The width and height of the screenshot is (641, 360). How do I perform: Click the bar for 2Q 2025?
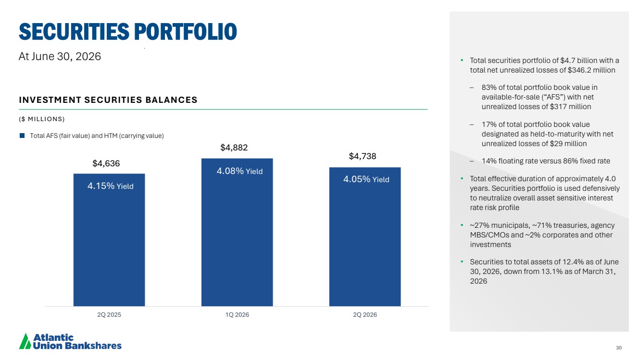point(109,240)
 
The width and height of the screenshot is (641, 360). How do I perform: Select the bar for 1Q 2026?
point(237,232)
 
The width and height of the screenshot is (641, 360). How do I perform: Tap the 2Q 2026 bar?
point(365,237)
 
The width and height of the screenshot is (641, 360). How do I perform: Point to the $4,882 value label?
point(234,148)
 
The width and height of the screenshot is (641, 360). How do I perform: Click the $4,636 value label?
point(106,163)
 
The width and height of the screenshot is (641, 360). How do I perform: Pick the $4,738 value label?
point(362,156)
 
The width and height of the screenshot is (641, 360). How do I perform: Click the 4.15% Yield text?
point(110,186)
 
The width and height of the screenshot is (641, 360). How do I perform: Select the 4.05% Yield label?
point(366,179)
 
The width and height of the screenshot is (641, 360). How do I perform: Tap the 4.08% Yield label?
point(239,171)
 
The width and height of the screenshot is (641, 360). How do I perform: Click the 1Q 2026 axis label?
point(237,314)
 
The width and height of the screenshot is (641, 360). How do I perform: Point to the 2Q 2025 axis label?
point(109,314)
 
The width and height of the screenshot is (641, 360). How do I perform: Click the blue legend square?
point(22,136)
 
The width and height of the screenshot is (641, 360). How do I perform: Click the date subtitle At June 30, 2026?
point(60,56)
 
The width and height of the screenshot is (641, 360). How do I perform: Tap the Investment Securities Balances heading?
point(108,100)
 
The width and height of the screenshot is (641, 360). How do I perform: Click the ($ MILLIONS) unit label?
point(42,119)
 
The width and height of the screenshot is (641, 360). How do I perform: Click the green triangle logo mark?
point(25,341)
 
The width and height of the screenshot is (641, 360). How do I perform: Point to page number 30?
point(619,348)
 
